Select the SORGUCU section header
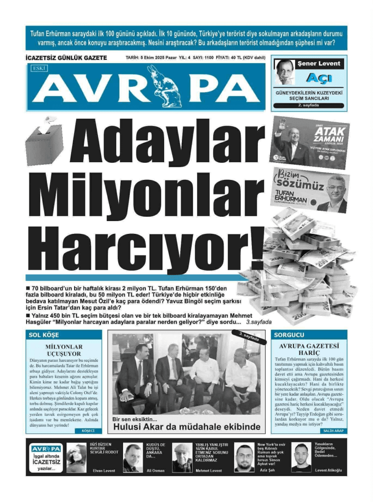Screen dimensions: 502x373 pos(289,335)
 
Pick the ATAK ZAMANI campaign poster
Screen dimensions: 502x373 pos(310,142)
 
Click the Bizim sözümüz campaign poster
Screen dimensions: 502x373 pos(310,190)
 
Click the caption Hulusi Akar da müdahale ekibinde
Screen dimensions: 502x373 pos(187,427)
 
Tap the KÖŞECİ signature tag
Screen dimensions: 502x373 pos(88,431)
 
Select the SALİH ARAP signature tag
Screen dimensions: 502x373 pos(334,431)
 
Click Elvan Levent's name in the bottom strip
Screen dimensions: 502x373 pos(104,471)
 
